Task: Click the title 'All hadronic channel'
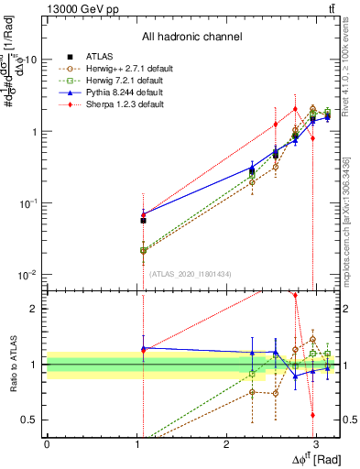click(191, 38)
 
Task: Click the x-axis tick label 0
click(48, 447)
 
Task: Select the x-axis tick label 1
click(137, 447)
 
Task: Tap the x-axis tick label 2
click(226, 447)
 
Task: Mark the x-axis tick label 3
click(316, 447)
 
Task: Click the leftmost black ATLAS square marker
click(143, 221)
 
